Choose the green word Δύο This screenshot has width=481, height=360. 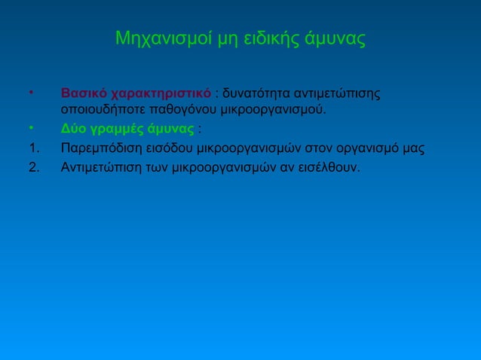73,128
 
